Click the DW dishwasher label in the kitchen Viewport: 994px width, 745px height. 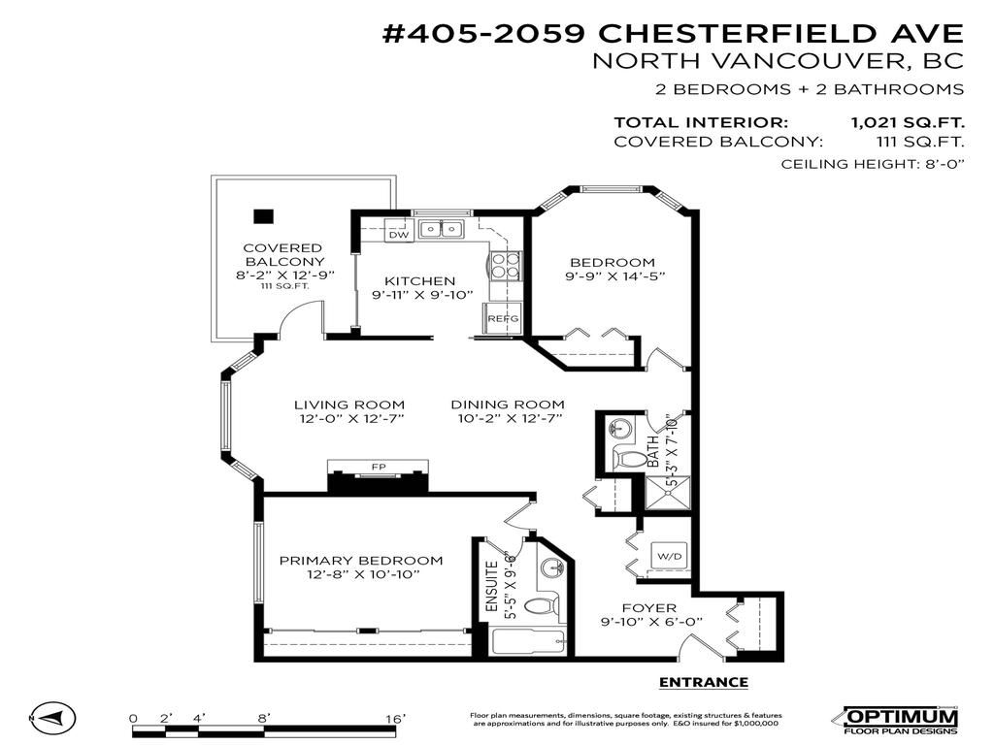click(398, 235)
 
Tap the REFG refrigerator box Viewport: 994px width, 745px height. click(503, 318)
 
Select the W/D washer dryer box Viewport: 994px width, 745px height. click(670, 557)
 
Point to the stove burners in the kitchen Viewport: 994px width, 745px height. click(507, 265)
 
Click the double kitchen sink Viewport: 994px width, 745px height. click(442, 230)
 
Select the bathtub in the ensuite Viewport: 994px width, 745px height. click(527, 642)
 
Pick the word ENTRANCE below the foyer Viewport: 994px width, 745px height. click(704, 682)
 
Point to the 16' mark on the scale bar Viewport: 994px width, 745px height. click(395, 718)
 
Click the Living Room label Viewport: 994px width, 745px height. click(349, 405)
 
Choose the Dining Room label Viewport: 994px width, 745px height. click(510, 405)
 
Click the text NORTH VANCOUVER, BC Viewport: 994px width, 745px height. click(778, 61)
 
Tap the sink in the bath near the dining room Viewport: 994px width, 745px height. click(618, 428)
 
